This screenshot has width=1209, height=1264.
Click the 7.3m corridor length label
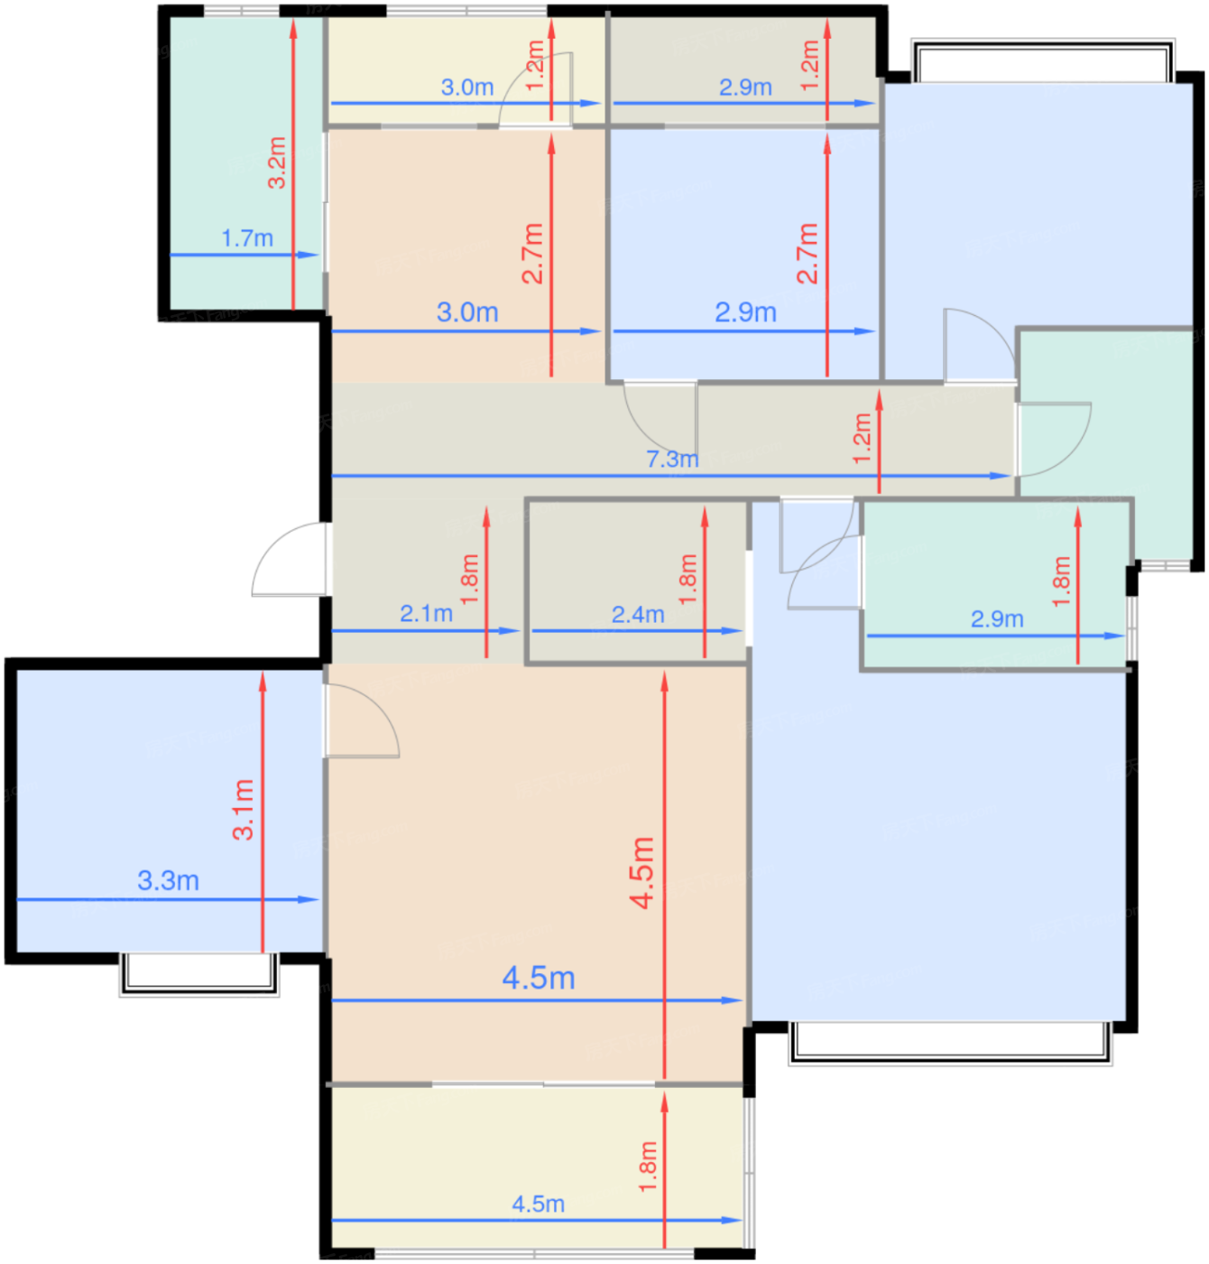tap(672, 459)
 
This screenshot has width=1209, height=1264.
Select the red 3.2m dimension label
tap(277, 163)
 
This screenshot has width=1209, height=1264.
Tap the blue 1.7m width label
tap(247, 238)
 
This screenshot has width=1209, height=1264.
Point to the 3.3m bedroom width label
tap(168, 880)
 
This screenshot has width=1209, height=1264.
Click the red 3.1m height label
tap(244, 809)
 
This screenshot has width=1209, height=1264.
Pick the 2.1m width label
tap(426, 614)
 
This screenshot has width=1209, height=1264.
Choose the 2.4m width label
tap(638, 615)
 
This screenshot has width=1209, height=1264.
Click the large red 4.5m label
tap(641, 871)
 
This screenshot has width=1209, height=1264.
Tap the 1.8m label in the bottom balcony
tap(648, 1166)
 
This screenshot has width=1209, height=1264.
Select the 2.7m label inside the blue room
tap(807, 253)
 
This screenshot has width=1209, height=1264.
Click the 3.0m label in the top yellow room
tap(467, 88)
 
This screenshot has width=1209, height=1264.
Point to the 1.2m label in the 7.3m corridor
tap(862, 439)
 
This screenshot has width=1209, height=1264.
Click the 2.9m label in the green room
tap(997, 618)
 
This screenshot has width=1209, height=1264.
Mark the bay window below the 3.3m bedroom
tap(199, 974)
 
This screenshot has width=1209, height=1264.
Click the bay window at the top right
tap(1043, 60)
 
